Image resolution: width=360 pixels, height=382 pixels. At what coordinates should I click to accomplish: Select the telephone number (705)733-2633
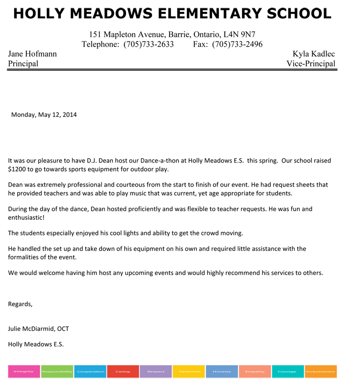pyautogui.click(x=148, y=44)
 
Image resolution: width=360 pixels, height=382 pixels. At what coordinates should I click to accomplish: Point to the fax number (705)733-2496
pyautogui.click(x=237, y=44)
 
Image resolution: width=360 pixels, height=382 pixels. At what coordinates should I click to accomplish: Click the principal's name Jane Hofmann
pyautogui.click(x=32, y=54)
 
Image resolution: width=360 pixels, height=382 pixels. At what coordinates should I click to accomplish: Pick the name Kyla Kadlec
pyautogui.click(x=314, y=54)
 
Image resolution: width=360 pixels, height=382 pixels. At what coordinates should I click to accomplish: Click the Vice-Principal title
pyautogui.click(x=311, y=64)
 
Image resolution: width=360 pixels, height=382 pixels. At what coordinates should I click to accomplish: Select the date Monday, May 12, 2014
pyautogui.click(x=44, y=115)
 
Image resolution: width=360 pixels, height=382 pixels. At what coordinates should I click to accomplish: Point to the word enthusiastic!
pyautogui.click(x=26, y=217)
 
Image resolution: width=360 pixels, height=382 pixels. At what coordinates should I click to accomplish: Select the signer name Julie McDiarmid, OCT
pyautogui.click(x=38, y=329)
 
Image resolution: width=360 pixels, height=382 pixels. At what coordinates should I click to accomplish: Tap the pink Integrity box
pyautogui.click(x=24, y=372)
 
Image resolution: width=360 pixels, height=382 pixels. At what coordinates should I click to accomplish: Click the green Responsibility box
pyautogui.click(x=57, y=372)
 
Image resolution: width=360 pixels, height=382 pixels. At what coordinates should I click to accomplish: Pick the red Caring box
pyautogui.click(x=123, y=372)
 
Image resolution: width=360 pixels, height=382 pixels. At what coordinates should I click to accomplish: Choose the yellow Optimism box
pyautogui.click(x=189, y=372)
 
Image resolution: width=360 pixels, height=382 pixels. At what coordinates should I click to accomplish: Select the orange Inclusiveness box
pyautogui.click(x=321, y=372)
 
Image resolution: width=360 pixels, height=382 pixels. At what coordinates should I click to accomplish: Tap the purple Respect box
pyautogui.click(x=156, y=372)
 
